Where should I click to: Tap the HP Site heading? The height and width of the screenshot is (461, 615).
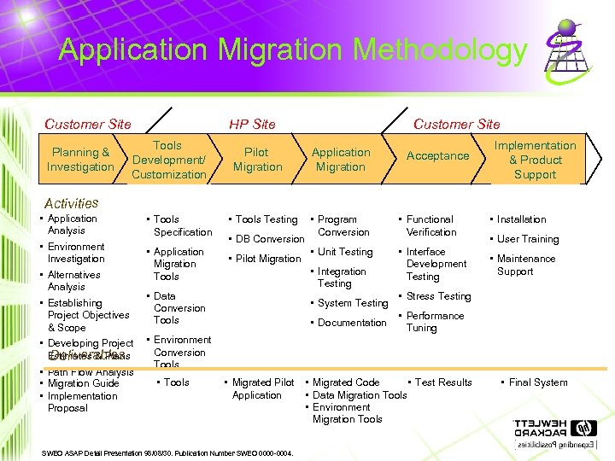click(x=253, y=124)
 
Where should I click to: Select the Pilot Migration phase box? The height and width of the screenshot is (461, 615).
click(x=257, y=160)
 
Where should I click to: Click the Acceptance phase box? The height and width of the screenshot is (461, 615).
click(x=437, y=155)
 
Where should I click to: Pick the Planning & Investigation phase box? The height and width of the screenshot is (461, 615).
click(x=80, y=160)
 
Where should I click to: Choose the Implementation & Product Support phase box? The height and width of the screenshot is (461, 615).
click(x=536, y=160)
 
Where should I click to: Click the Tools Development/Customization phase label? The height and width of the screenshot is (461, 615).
click(x=168, y=160)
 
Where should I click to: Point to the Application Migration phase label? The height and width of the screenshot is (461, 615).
click(x=341, y=160)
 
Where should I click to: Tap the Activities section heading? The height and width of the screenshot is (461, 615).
click(x=71, y=203)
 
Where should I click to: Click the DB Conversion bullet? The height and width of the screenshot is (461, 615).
click(x=269, y=239)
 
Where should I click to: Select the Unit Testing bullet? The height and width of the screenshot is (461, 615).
click(x=344, y=252)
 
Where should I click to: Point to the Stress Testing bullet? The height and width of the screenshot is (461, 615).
click(x=438, y=296)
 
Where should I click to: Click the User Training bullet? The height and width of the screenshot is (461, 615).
click(x=527, y=239)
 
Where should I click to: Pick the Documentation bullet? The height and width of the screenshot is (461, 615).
click(x=351, y=323)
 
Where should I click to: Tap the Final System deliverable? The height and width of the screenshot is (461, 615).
click(x=537, y=382)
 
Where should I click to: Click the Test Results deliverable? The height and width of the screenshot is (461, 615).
click(x=442, y=382)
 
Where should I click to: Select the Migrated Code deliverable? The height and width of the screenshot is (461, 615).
click(x=346, y=382)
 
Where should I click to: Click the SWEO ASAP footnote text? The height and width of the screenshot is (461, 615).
click(x=167, y=452)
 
